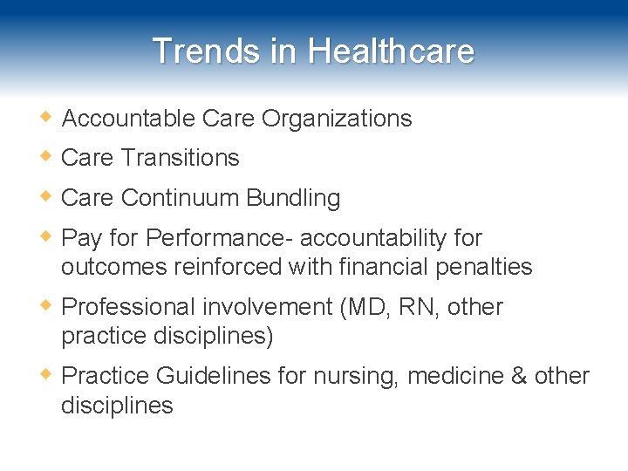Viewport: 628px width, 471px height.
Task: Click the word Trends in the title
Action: tap(207, 51)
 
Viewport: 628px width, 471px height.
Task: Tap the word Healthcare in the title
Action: tap(391, 51)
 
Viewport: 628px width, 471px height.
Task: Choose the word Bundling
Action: tap(293, 198)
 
